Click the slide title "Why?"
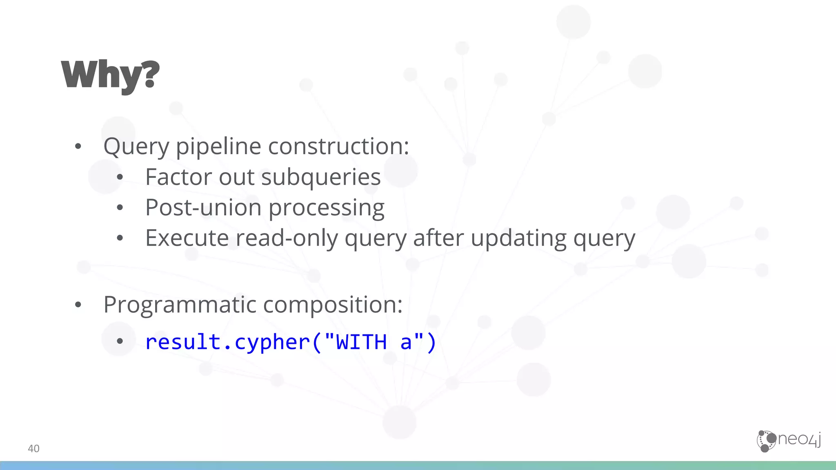(110, 75)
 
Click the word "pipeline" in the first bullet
(218, 147)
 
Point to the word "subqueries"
(321, 178)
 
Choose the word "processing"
(327, 208)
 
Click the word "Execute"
(187, 238)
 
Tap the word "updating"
(519, 238)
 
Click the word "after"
(438, 238)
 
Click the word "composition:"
(333, 305)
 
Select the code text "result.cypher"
(227, 342)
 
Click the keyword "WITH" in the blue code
(361, 342)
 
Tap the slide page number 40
(33, 448)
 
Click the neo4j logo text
(799, 439)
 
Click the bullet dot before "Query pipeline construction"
(78, 146)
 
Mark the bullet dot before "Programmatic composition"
(78, 305)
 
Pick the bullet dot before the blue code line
(120, 341)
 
